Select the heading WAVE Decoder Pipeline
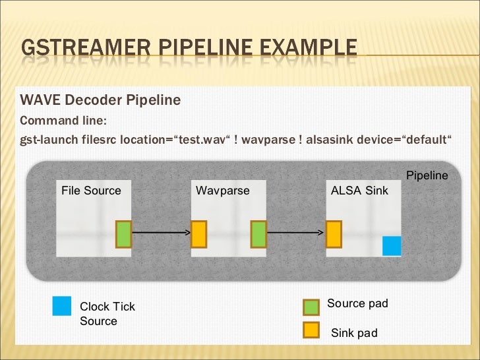[x=100, y=100]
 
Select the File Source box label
[x=91, y=191]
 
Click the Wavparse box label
[x=223, y=191]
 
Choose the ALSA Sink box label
[x=359, y=191]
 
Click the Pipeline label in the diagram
[x=427, y=176]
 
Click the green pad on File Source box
[x=124, y=234]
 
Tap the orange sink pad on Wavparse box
[x=199, y=234]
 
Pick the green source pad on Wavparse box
[x=258, y=234]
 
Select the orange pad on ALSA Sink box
[x=334, y=234]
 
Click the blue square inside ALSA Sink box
[x=392, y=246]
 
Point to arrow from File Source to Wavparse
[x=161, y=233]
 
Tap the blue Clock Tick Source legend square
[x=62, y=307]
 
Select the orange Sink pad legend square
[x=311, y=329]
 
